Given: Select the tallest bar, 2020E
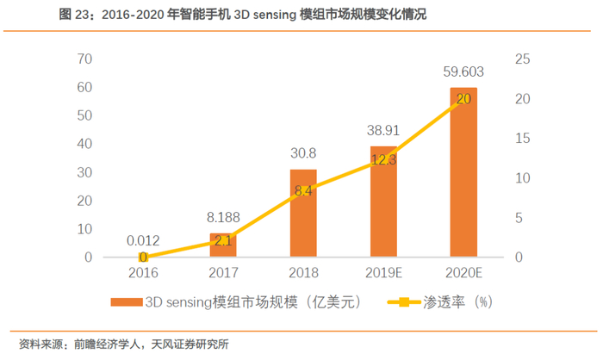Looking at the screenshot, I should (463, 172).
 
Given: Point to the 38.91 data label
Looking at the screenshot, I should (382, 133).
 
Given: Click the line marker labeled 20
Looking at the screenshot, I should (463, 99).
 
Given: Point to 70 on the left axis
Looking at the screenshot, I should (84, 59).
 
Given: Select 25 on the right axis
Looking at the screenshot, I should (523, 59).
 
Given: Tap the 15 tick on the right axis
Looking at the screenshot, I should (523, 138).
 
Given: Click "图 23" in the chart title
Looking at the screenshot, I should (25, 15).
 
